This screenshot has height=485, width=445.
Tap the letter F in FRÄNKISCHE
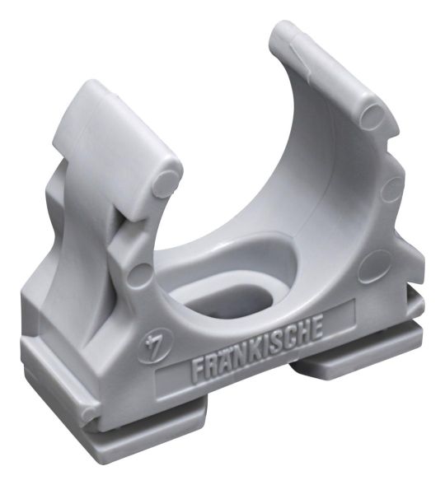click(198, 368)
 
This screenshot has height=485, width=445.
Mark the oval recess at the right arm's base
click(371, 267)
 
